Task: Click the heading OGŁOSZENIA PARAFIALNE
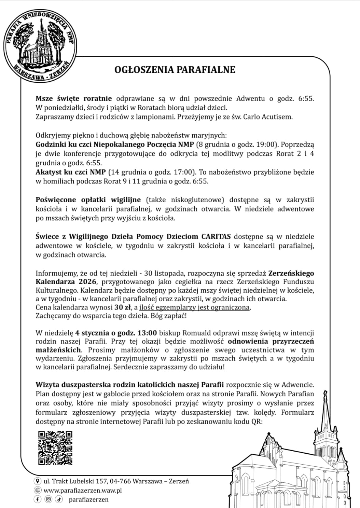click(x=175, y=70)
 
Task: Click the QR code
click(x=55, y=448)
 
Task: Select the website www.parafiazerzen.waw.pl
click(x=83, y=490)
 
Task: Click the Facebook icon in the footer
click(x=38, y=499)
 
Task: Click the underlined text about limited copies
click(x=195, y=307)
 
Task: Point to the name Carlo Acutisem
click(x=268, y=117)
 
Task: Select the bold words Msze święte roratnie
click(x=74, y=99)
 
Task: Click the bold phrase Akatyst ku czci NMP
click(x=70, y=172)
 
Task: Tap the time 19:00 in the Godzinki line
click(x=263, y=144)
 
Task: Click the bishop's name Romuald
click(x=198, y=333)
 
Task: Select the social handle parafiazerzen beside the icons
click(x=88, y=499)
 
